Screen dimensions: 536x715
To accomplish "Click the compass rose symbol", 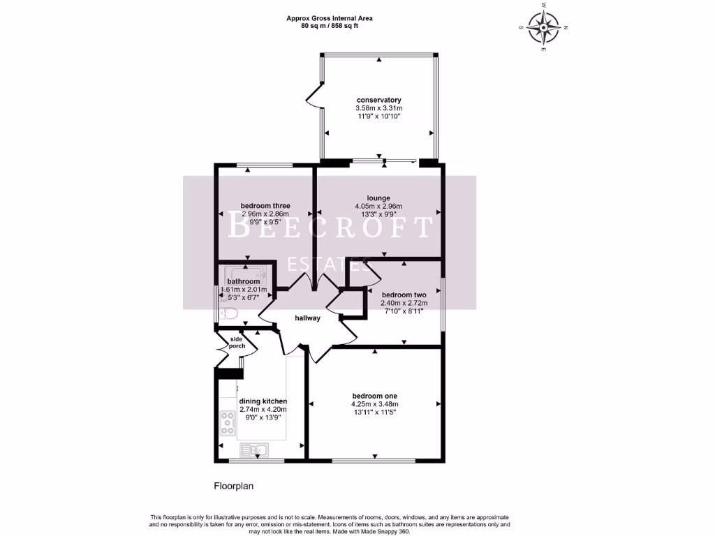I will (544, 28).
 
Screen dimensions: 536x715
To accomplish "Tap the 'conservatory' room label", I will (378, 100).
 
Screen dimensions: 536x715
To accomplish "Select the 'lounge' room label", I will (378, 198).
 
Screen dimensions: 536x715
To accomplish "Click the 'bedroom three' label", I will (265, 205).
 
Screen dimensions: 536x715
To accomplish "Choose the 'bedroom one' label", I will (374, 396).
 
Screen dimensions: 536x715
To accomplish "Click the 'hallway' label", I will (307, 318).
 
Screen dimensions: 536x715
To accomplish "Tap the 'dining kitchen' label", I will (263, 401).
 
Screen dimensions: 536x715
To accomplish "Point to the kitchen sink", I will (254, 449).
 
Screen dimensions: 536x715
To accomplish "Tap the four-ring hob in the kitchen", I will (228, 421).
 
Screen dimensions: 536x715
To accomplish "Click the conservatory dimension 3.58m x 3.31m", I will (378, 108).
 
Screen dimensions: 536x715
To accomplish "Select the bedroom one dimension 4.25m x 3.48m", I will (374, 404).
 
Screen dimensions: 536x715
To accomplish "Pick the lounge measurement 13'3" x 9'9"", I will (378, 214).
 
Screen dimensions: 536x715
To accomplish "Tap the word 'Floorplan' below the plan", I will (230, 484).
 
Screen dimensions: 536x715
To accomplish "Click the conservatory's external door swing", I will (313, 98).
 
